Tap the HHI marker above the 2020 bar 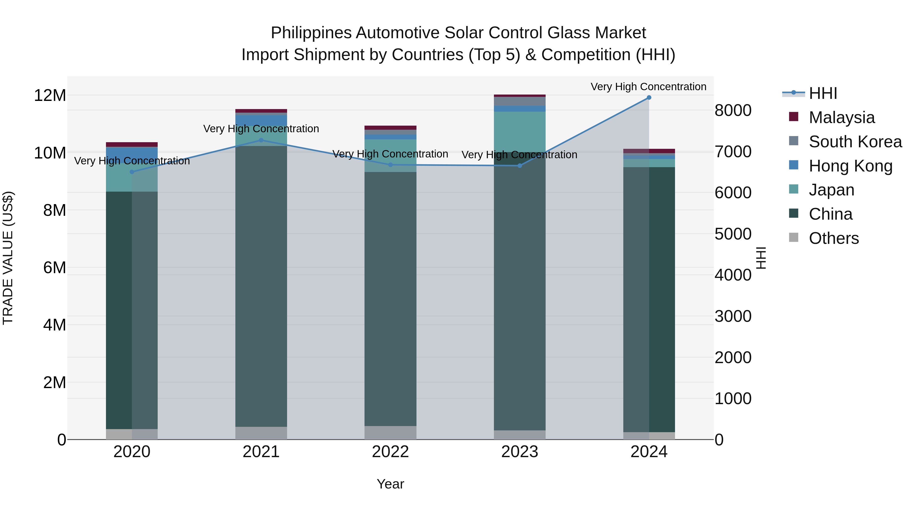click(132, 172)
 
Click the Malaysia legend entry click(842, 117)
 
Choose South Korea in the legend click(855, 142)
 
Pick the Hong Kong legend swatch click(793, 165)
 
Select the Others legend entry click(833, 238)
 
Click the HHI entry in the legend click(823, 93)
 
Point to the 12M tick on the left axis click(50, 96)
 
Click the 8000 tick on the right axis click(733, 110)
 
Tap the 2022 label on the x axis click(390, 452)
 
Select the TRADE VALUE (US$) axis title click(8, 258)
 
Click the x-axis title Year click(390, 484)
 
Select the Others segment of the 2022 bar click(390, 432)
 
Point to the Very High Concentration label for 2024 click(648, 87)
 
